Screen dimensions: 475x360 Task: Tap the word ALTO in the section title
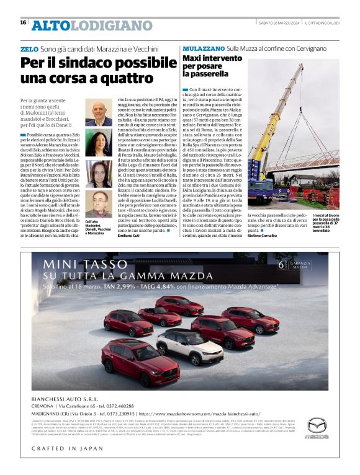pyautogui.click(x=50, y=25)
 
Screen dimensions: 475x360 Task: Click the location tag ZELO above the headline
pyautogui.click(x=29, y=48)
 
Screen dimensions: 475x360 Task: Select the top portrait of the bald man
pyautogui.click(x=99, y=114)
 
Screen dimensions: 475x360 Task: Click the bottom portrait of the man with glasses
pyautogui.click(x=99, y=205)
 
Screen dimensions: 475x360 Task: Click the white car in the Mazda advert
pyautogui.click(x=189, y=345)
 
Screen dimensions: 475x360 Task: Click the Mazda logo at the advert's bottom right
pyautogui.click(x=317, y=427)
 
